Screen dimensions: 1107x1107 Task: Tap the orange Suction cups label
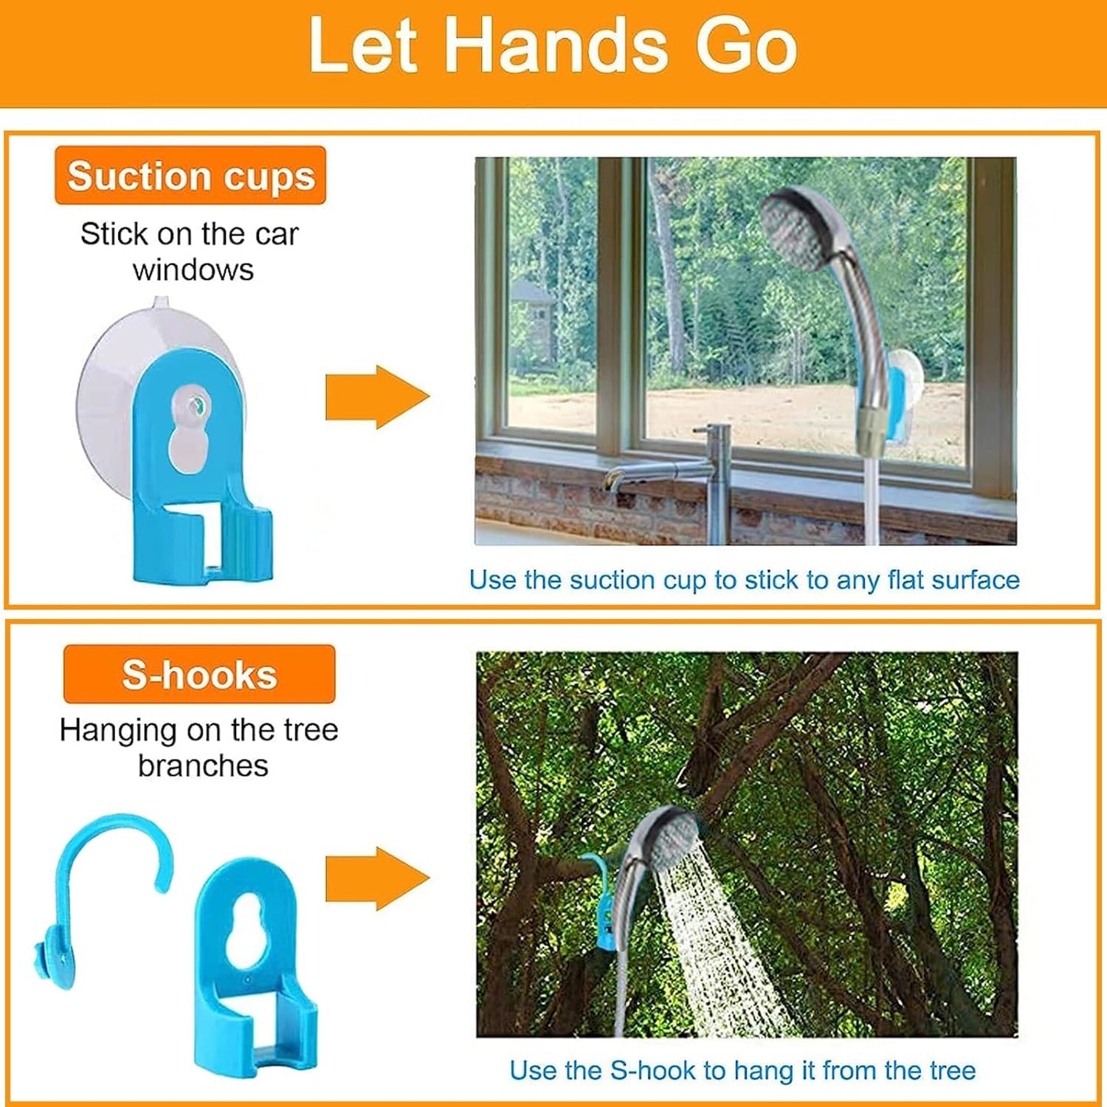pyautogui.click(x=191, y=175)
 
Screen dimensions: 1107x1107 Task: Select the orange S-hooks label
pyautogui.click(x=199, y=675)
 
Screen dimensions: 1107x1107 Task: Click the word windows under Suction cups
pyautogui.click(x=193, y=270)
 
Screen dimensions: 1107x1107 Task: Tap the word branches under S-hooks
pyautogui.click(x=203, y=765)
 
